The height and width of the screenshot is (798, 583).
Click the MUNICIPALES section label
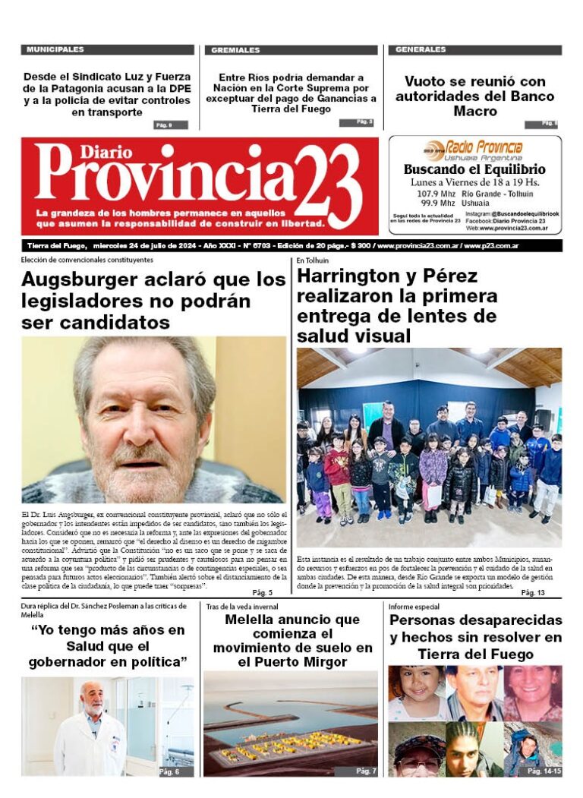[x=55, y=50]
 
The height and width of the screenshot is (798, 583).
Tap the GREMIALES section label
[x=235, y=50]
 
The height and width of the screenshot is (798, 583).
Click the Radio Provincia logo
[x=474, y=147]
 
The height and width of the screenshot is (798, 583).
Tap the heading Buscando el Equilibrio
[x=474, y=169]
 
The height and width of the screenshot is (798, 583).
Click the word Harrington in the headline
[x=348, y=276]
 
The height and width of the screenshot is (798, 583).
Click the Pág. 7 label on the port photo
[x=366, y=771]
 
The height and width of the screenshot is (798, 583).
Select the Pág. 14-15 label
[x=544, y=771]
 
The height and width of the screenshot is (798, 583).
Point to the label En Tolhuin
[x=312, y=260]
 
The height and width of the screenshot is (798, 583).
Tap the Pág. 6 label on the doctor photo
[x=169, y=771]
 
